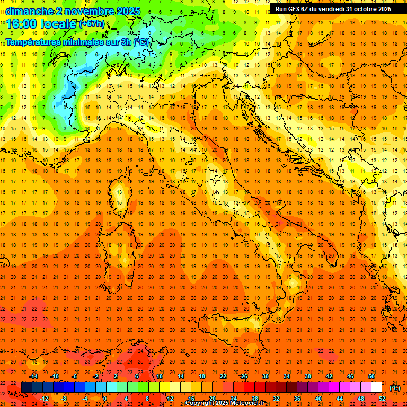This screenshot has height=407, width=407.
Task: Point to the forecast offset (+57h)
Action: [x=91, y=24]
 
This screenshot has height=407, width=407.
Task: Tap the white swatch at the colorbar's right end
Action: [x=377, y=387]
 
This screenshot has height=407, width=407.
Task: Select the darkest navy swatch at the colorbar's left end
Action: [x=26, y=387]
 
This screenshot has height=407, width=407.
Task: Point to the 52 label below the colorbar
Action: [x=382, y=399]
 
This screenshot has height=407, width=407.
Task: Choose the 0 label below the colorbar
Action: [x=105, y=399]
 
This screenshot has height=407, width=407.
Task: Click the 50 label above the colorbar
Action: [x=371, y=376]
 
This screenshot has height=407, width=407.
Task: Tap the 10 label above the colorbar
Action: [x=159, y=376]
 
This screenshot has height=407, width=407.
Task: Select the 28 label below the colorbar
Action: [x=254, y=399]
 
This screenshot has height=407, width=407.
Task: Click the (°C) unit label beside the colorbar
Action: [x=394, y=387]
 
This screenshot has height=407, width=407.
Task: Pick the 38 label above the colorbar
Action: [x=307, y=376]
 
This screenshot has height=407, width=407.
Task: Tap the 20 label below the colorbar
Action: [x=212, y=399]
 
